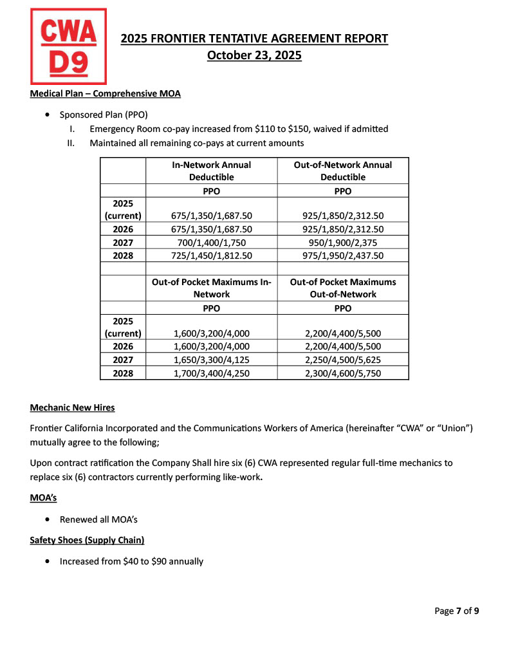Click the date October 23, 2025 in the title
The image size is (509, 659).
[x=254, y=55]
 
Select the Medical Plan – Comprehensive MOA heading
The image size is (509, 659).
[x=106, y=94]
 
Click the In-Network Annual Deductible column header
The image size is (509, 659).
[x=211, y=171]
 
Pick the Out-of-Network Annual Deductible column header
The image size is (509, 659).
[x=342, y=171]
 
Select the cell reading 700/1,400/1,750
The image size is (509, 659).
[x=211, y=243]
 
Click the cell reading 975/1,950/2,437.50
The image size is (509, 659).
[x=342, y=255]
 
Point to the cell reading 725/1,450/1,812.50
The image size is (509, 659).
[x=211, y=255]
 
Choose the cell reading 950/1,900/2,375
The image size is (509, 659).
[x=342, y=243]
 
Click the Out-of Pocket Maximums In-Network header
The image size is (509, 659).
[x=211, y=288]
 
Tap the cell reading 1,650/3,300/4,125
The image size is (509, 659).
[x=211, y=360]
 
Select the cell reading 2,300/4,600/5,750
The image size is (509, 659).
[x=342, y=373]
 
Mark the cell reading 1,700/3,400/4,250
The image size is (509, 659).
[x=211, y=373]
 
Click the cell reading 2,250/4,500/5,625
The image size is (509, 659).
[x=342, y=360]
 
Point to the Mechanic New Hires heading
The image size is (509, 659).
[x=73, y=408]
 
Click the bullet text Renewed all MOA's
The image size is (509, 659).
[x=98, y=519]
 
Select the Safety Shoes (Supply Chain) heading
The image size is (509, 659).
[x=87, y=541]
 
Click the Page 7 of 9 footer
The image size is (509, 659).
[x=456, y=611]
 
